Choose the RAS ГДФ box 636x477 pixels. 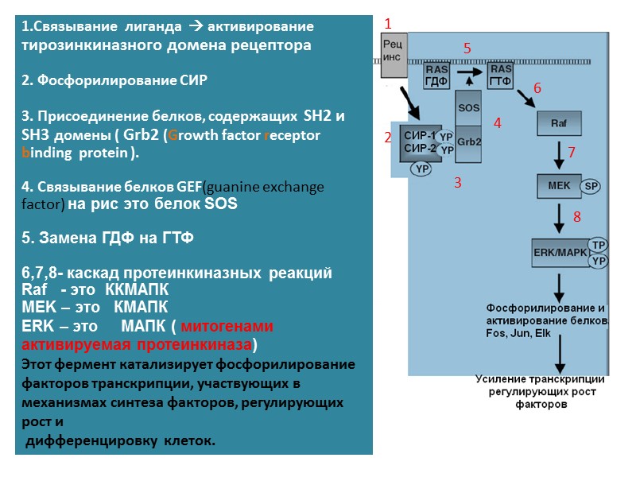(x=437, y=76)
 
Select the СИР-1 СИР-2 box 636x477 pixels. (x=420, y=142)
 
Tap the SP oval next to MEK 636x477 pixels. (x=590, y=186)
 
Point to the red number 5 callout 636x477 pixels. (x=467, y=49)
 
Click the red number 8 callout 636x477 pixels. (x=577, y=216)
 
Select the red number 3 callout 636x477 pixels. (x=457, y=184)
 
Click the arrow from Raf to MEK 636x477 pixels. (x=560, y=154)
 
